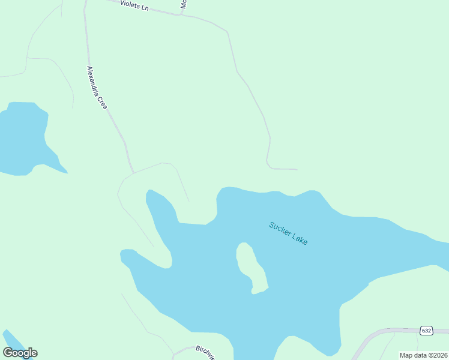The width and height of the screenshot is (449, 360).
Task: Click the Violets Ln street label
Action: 134,5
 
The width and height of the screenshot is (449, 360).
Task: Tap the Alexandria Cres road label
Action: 97,87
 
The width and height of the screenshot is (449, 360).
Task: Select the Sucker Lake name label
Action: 288,233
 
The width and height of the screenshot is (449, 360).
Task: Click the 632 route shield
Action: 426,331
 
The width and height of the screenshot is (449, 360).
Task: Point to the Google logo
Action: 20,353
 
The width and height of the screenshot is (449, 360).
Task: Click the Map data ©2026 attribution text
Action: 423,355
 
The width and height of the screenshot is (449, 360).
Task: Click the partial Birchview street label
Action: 205,352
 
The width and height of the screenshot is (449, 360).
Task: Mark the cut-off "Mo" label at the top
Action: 184,5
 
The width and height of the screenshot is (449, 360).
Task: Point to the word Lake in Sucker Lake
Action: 299,238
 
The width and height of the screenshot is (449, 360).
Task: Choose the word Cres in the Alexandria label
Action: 103,103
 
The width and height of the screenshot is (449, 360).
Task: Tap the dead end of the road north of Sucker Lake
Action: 297,169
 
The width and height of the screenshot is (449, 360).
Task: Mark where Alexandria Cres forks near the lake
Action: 133,173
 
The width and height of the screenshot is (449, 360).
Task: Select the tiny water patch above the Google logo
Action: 10,338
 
